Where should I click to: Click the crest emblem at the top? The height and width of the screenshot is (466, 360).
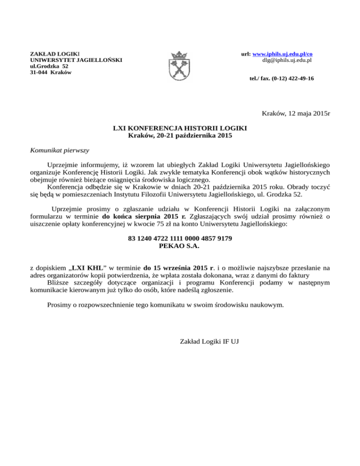coord(180,66)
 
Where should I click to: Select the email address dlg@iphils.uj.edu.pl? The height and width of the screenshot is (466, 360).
coord(287,60)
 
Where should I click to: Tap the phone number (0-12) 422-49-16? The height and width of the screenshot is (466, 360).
coord(291,78)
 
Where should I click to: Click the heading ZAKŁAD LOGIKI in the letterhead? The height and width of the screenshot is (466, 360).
coord(55,54)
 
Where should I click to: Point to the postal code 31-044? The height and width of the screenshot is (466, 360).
coord(39,73)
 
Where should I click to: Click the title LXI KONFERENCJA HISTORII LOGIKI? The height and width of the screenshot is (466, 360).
coord(180,128)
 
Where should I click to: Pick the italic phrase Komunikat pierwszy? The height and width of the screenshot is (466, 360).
coord(59,150)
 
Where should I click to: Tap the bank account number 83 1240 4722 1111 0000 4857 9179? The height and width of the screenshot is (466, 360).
coord(180,239)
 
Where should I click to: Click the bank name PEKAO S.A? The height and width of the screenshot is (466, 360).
coord(180,246)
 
